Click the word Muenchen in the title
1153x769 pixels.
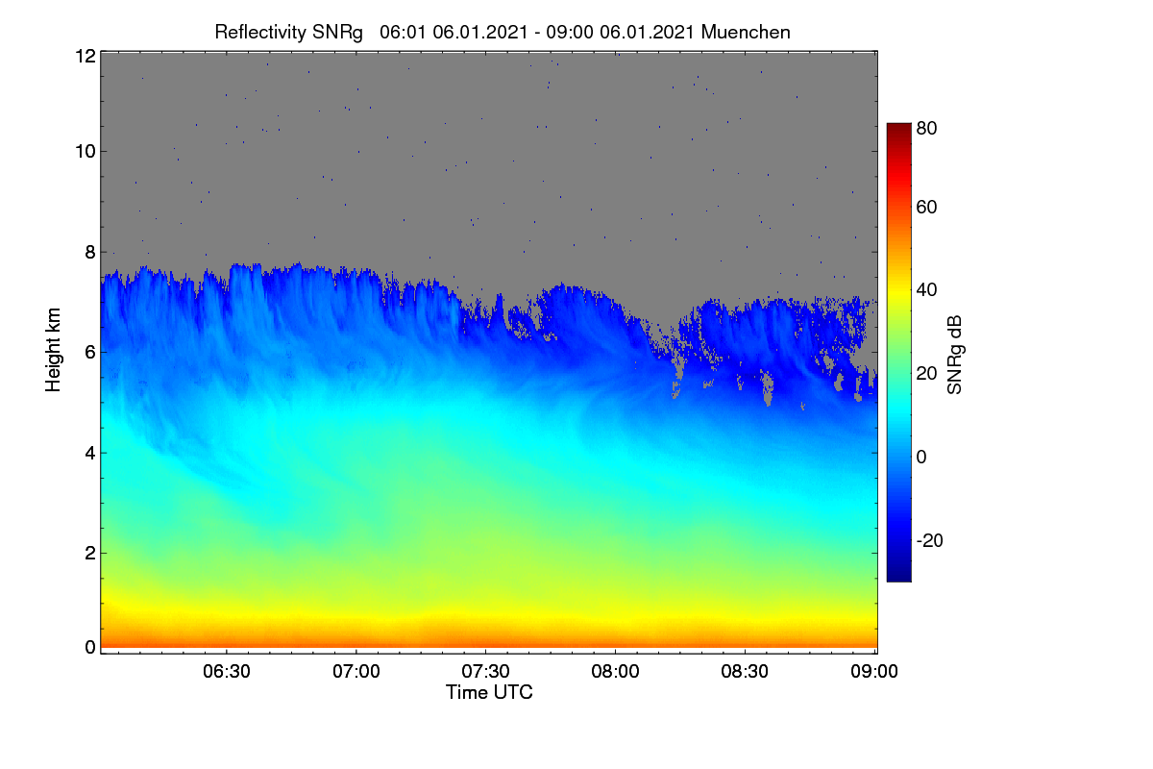pos(746,32)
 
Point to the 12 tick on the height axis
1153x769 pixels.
pos(86,56)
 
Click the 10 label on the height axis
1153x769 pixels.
pos(86,152)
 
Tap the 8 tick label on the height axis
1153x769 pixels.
pos(90,252)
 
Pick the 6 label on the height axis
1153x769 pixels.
pos(90,353)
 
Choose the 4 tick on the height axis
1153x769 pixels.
pos(90,453)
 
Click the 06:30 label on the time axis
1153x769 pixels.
pos(227,671)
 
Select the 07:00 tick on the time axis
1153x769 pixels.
pos(356,671)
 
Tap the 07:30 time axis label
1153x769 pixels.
pos(485,671)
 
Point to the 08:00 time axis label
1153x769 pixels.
pos(615,671)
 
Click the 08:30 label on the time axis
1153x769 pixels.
pos(745,671)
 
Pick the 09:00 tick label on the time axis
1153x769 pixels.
pos(874,671)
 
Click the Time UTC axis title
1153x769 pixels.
pos(489,692)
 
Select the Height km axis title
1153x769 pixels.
pos(53,350)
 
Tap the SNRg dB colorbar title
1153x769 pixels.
pos(954,355)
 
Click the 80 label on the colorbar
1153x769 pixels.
pos(926,128)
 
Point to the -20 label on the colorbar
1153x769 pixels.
pos(930,540)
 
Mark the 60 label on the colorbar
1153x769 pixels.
pos(926,207)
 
